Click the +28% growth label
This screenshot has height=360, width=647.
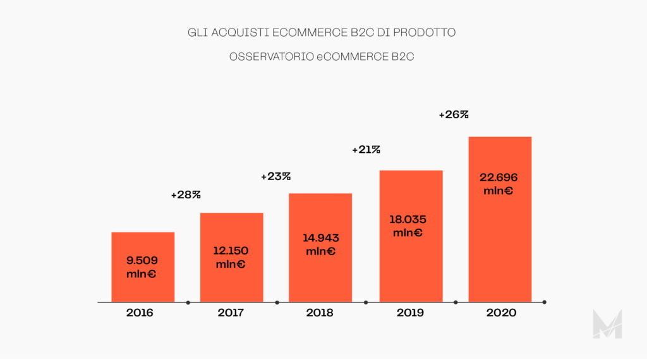pyautogui.click(x=186, y=195)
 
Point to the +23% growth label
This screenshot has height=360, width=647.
pyautogui.click(x=275, y=177)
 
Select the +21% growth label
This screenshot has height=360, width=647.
pyautogui.click(x=366, y=150)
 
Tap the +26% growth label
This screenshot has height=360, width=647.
pyautogui.click(x=454, y=115)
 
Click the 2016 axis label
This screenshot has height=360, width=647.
pyautogui.click(x=140, y=313)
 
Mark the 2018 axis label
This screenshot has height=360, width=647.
pyautogui.click(x=320, y=313)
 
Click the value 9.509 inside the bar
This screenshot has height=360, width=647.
pyautogui.click(x=142, y=260)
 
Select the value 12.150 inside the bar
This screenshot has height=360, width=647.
pyautogui.click(x=231, y=250)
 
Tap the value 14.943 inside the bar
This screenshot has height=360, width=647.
pyautogui.click(x=321, y=238)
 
